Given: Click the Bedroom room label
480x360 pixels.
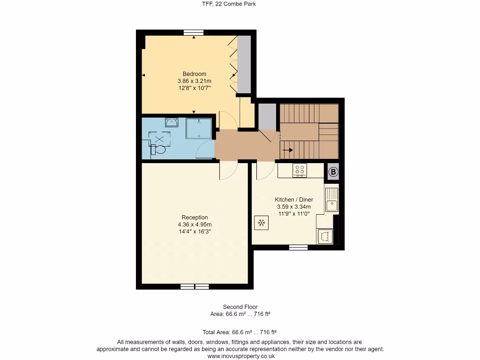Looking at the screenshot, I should (x=194, y=74).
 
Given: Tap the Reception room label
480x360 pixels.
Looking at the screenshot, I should (x=195, y=217).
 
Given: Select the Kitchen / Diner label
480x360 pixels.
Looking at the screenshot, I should (x=293, y=200).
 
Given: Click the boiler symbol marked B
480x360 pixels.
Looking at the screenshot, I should (x=333, y=172).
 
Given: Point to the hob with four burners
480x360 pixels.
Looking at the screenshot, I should (x=300, y=171).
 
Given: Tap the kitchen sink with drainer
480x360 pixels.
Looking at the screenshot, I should (x=331, y=200).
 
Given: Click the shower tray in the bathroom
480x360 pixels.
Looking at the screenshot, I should (x=199, y=128).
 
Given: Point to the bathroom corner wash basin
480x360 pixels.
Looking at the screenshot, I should (x=172, y=122).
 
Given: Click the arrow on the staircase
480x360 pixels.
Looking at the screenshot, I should (x=287, y=150).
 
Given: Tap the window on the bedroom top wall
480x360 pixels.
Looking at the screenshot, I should (x=194, y=32).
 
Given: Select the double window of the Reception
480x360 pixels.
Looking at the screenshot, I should (x=195, y=286).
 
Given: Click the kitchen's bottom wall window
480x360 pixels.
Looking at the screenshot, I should (x=298, y=247).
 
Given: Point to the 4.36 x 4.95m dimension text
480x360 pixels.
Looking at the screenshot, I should (x=195, y=224).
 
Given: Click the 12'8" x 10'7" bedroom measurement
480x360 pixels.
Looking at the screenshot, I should (x=194, y=88).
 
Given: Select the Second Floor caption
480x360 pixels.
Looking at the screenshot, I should (x=240, y=307).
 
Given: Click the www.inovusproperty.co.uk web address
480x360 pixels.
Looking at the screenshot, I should (x=240, y=356).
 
